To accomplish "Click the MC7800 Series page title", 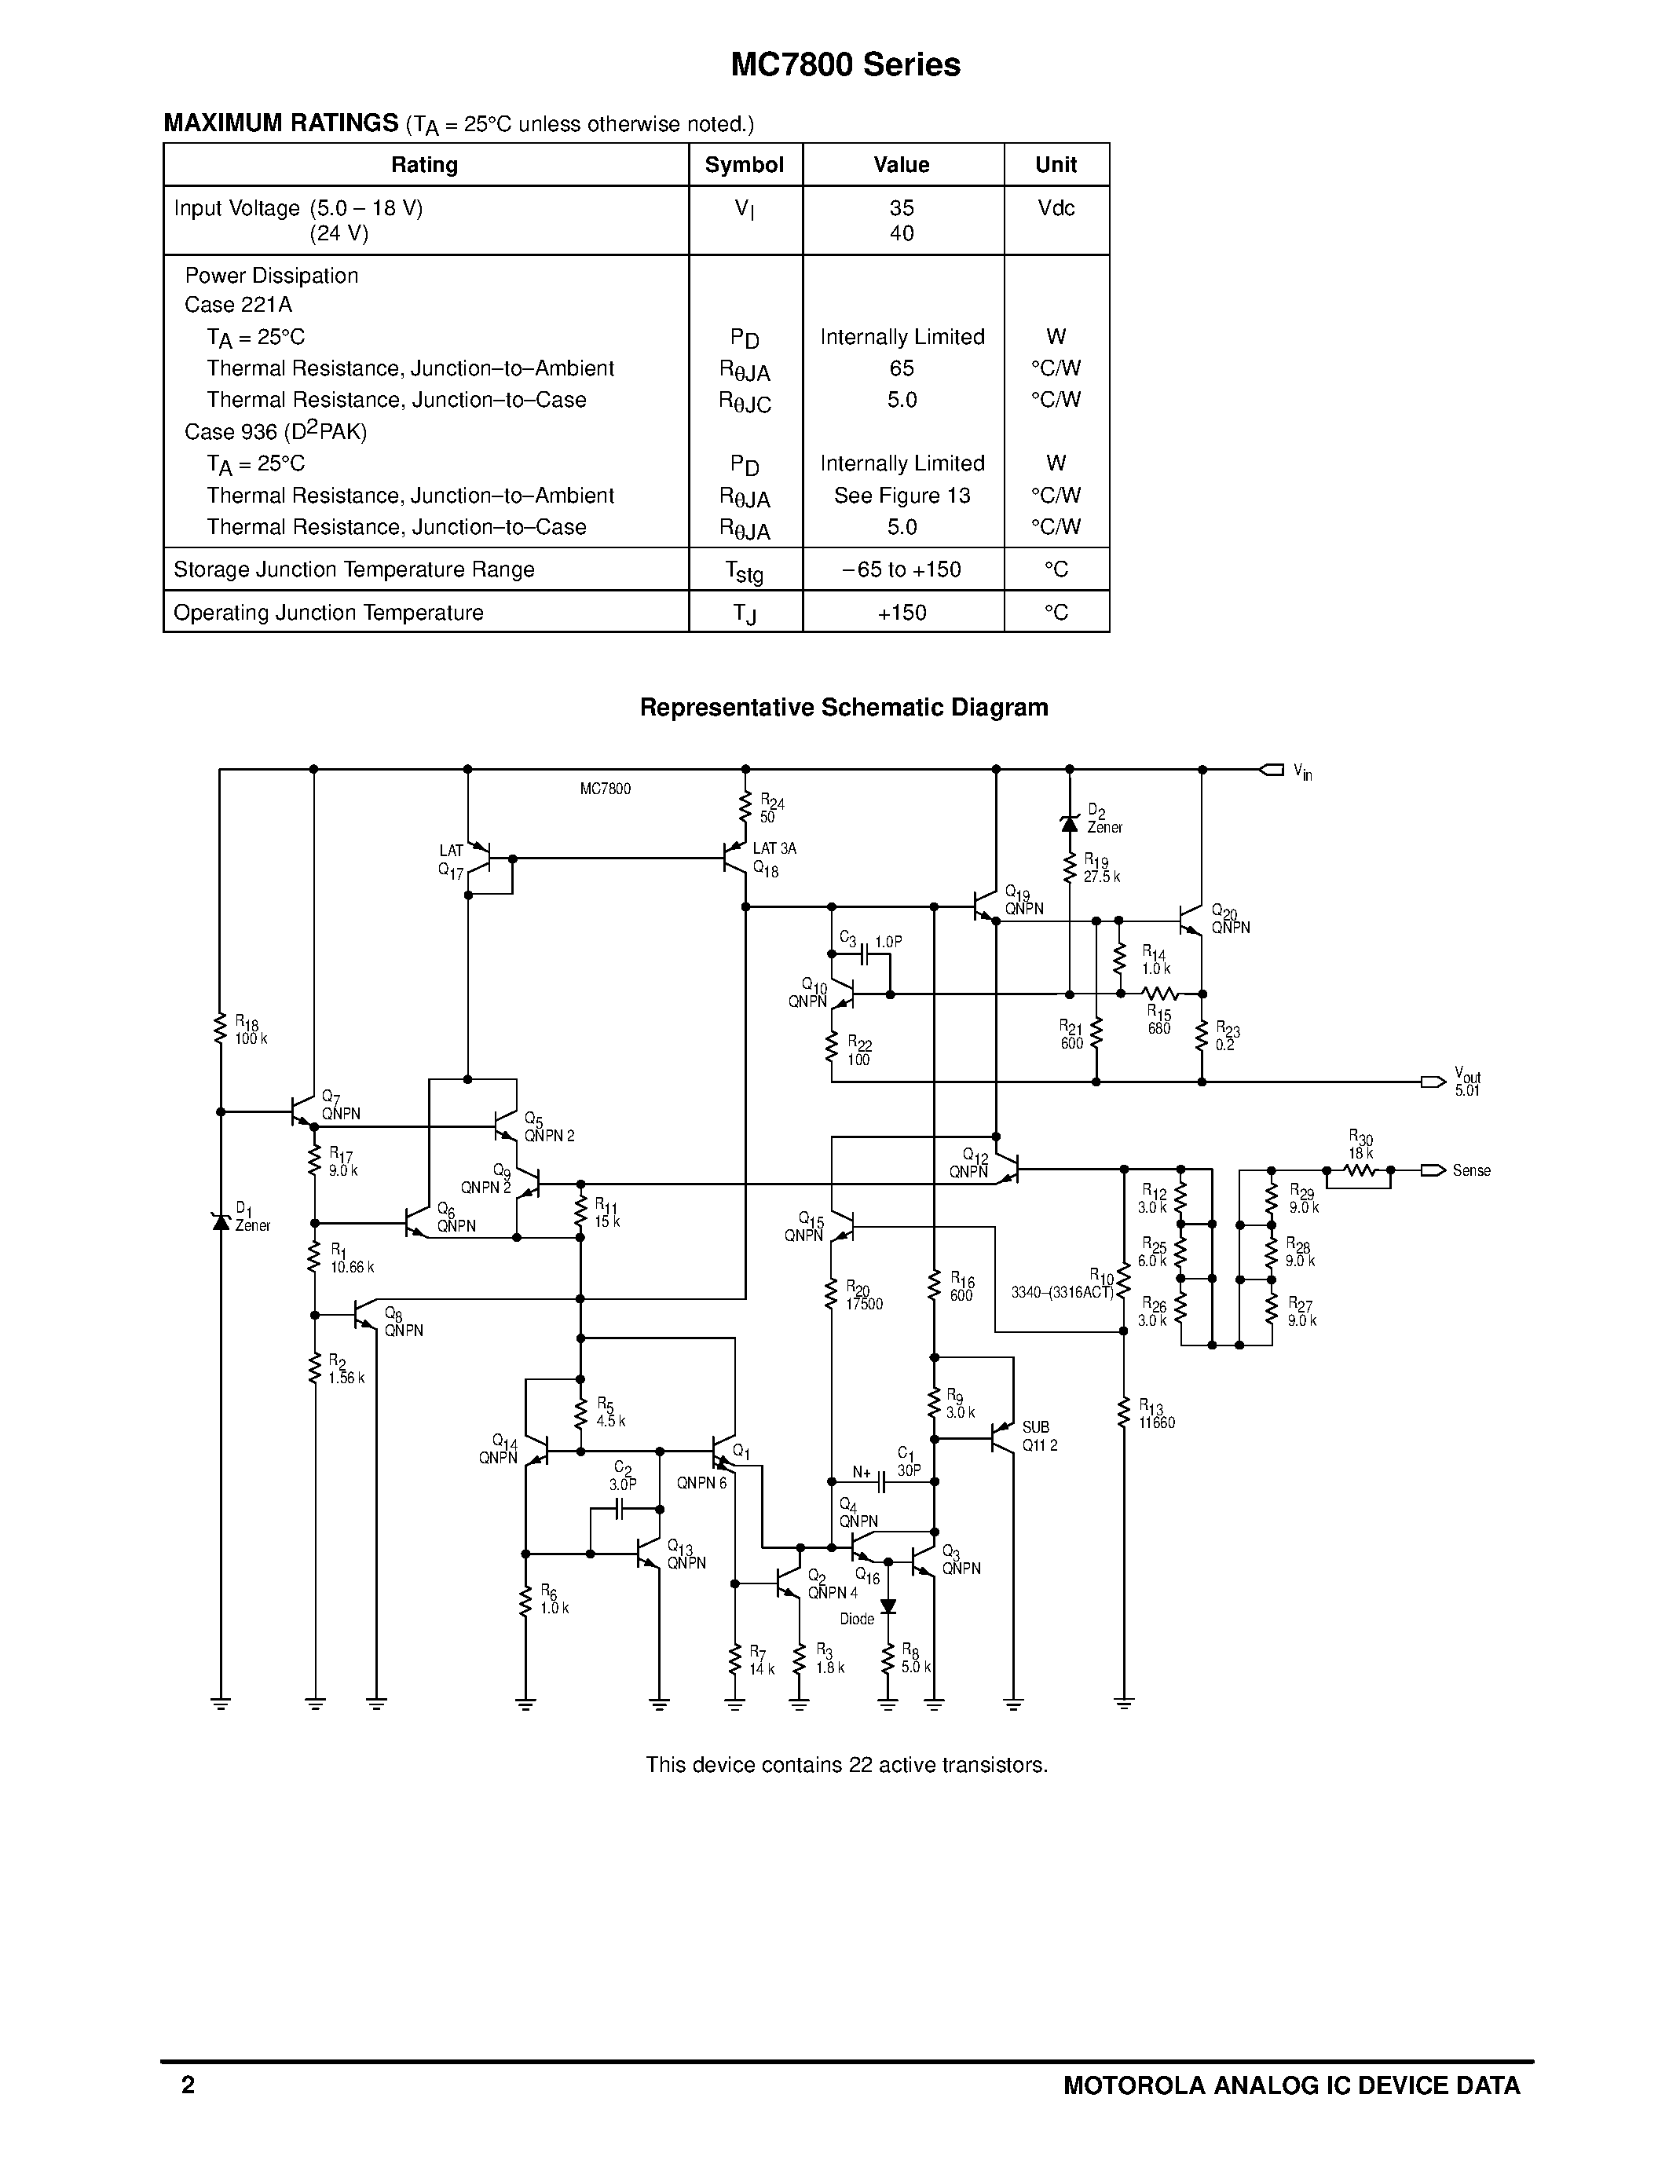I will [x=845, y=65].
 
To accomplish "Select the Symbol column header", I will [x=745, y=165].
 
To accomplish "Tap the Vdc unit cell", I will [x=1056, y=209].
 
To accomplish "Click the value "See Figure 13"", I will [x=902, y=496].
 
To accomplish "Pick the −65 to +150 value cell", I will [x=902, y=569].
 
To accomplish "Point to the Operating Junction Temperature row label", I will [x=328, y=613].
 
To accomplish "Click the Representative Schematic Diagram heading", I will [x=844, y=708].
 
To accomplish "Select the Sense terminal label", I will [x=1471, y=1171].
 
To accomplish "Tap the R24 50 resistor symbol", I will [x=745, y=808].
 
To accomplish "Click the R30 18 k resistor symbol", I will [x=1360, y=1171].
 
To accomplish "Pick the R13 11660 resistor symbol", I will [x=1123, y=1413].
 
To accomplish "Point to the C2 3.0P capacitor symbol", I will [x=621, y=1509].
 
